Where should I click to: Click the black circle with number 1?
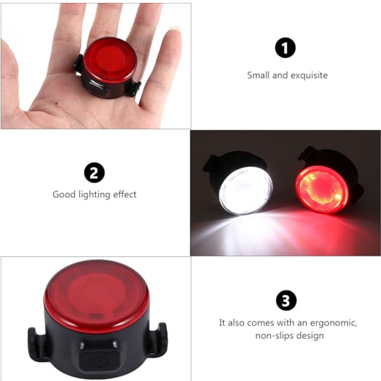coord(286,48)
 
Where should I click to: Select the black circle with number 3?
coord(286,301)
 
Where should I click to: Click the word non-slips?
coord(271,336)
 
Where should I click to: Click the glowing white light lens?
coord(246,190)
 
